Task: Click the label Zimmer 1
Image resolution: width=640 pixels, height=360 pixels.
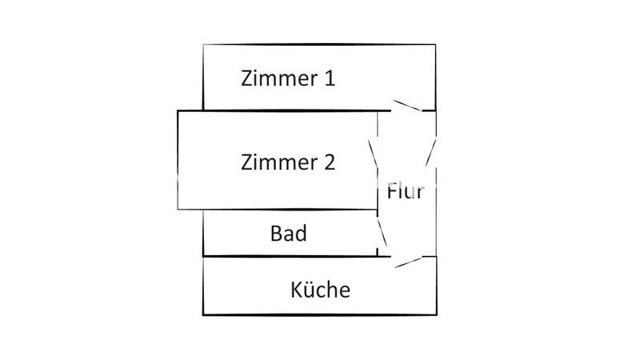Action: tap(288, 78)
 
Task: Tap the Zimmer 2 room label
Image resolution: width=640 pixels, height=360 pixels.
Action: tap(288, 162)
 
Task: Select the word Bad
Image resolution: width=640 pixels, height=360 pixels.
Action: tap(289, 234)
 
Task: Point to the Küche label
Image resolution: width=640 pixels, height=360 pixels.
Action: tap(320, 289)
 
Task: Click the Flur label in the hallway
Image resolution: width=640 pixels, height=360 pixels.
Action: tap(405, 192)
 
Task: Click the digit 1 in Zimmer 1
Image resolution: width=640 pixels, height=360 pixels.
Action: tap(328, 78)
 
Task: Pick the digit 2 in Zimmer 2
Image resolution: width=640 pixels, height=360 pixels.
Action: tap(328, 162)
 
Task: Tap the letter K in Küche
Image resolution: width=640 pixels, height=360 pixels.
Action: tap(296, 289)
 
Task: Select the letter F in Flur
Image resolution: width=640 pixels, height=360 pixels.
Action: tap(392, 192)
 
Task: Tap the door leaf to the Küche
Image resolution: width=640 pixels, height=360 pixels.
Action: tap(408, 261)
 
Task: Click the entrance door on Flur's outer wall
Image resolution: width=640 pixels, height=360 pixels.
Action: tap(432, 151)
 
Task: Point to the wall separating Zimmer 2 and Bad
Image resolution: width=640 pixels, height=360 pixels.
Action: tap(276, 210)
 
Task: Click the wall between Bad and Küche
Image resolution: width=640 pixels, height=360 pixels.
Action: tap(288, 257)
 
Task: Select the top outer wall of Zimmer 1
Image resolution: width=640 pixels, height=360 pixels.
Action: tap(320, 45)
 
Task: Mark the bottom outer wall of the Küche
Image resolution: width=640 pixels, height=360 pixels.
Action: tap(320, 315)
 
